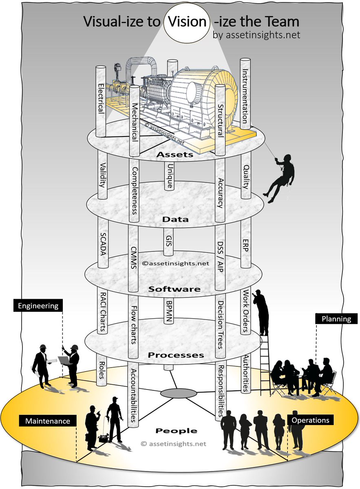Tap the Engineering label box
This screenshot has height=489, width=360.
coord(38,305)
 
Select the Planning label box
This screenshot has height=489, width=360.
coord(336,319)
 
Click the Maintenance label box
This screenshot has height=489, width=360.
coord(48,421)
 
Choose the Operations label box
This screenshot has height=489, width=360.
coord(311,420)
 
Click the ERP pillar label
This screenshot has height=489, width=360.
coord(245,244)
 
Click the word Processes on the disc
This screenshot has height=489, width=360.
coord(176,355)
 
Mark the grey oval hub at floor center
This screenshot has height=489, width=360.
coord(178,393)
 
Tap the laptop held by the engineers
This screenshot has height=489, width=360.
coord(64,360)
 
